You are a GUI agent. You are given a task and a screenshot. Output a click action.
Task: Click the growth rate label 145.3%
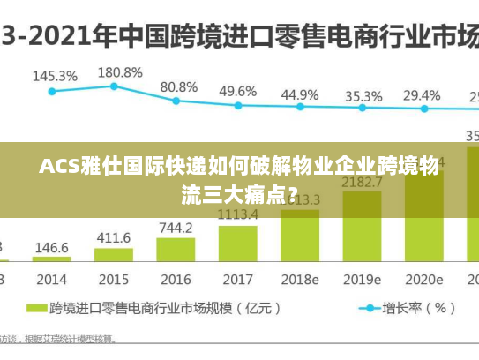[55, 76]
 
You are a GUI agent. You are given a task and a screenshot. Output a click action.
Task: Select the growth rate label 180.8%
[119, 71]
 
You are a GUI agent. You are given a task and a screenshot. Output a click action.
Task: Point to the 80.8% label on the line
[179, 87]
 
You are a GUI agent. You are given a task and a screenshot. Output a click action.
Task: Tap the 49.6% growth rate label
[238, 91]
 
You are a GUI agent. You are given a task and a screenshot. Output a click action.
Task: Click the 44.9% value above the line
[300, 94]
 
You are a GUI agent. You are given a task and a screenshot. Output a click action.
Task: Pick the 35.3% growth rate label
[363, 95]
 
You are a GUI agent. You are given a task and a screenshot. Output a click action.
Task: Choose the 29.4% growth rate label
[422, 95]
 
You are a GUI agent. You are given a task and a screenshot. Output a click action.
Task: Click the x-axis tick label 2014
[51, 280]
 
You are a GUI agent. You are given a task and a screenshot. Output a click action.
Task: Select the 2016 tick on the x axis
[176, 280]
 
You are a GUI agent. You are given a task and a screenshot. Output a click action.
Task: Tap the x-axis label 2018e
[300, 280]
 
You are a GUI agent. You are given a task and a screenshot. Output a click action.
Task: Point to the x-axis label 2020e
[424, 280]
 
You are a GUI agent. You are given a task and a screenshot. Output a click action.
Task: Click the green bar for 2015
[113, 255]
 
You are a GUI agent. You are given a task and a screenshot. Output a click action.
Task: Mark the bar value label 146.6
[51, 248]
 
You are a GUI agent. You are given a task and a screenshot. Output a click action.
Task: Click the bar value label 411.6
[113, 237]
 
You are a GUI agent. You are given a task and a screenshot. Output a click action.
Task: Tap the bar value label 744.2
[176, 228]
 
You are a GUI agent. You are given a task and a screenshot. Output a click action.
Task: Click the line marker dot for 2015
[114, 86]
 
